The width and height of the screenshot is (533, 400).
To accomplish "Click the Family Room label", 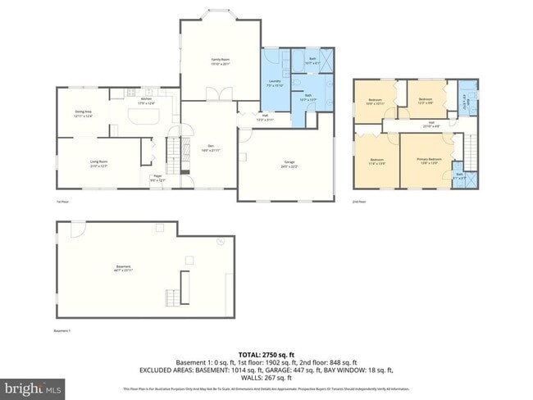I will click(220, 61).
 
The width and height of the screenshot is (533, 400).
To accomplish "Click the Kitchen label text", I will click(147, 102).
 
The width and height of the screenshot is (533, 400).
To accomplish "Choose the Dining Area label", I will click(83, 116).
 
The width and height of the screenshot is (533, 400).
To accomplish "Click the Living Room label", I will click(98, 163).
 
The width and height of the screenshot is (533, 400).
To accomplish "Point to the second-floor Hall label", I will click(431, 125).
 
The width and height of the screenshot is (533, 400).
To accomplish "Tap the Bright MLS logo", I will click(34, 386).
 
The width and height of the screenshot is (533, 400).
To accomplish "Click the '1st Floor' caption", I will click(61, 201).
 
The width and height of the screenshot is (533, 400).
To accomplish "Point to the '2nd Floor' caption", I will click(358, 201).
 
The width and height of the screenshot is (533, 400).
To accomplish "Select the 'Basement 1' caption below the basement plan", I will click(63, 330).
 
